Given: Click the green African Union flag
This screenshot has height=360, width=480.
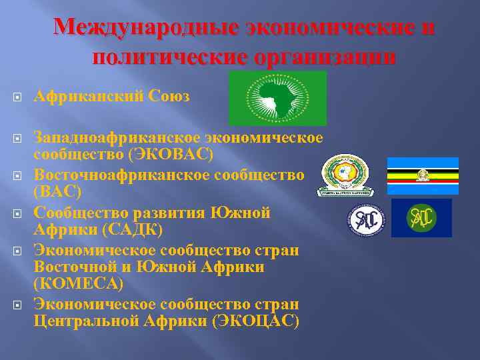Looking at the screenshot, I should tap(277, 98).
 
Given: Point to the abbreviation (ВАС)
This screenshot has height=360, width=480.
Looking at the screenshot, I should tap(58, 192).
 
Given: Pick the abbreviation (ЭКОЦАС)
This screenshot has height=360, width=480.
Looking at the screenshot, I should tap(255, 321).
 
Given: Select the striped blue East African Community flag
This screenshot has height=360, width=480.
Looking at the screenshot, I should tap(423, 175).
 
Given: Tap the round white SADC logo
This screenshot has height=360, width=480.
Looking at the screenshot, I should tap(366, 220).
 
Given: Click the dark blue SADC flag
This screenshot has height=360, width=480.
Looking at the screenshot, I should tap(421, 218).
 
